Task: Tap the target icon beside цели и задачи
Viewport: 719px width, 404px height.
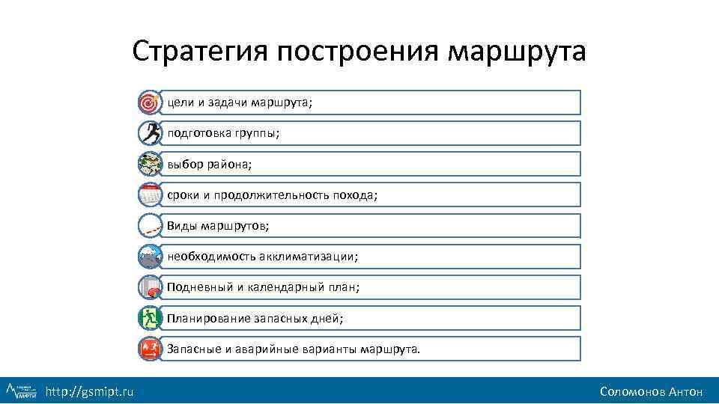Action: coord(150,102)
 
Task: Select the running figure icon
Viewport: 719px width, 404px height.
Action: coord(150,133)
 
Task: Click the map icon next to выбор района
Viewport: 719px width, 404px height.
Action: coord(150,164)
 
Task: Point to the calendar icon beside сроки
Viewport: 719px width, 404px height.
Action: coord(150,195)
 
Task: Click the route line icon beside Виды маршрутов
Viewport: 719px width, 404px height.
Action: coord(150,225)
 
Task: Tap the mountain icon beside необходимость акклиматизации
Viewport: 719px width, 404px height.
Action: coord(150,257)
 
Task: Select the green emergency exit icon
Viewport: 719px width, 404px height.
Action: coord(150,318)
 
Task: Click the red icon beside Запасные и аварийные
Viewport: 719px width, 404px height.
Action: coord(150,349)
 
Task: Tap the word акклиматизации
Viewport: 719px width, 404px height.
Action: coord(309,257)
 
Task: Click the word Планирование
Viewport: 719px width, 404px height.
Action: coord(208,318)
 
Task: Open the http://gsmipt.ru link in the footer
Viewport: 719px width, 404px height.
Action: coord(90,391)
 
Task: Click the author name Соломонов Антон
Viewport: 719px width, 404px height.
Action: coord(651,391)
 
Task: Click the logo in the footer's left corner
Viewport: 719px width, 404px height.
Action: coord(22,390)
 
